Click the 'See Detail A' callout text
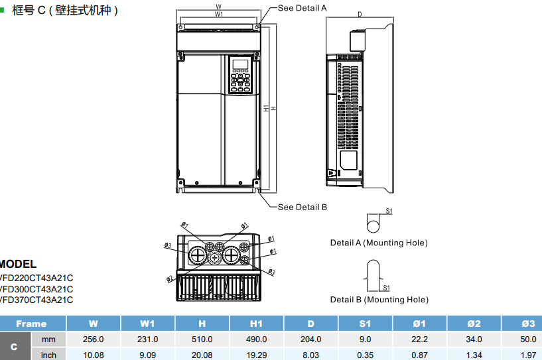[302, 8]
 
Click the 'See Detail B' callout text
[302, 207]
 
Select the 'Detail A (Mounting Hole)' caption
[379, 243]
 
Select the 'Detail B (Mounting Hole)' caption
[379, 300]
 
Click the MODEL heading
[19, 264]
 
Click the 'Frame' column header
[32, 324]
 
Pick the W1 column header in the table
[147, 324]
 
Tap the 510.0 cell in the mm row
[202, 339]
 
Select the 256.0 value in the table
[93, 339]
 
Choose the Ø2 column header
[474, 324]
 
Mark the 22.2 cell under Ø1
[419, 339]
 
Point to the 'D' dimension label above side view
[360, 14]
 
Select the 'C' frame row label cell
[15, 347]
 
